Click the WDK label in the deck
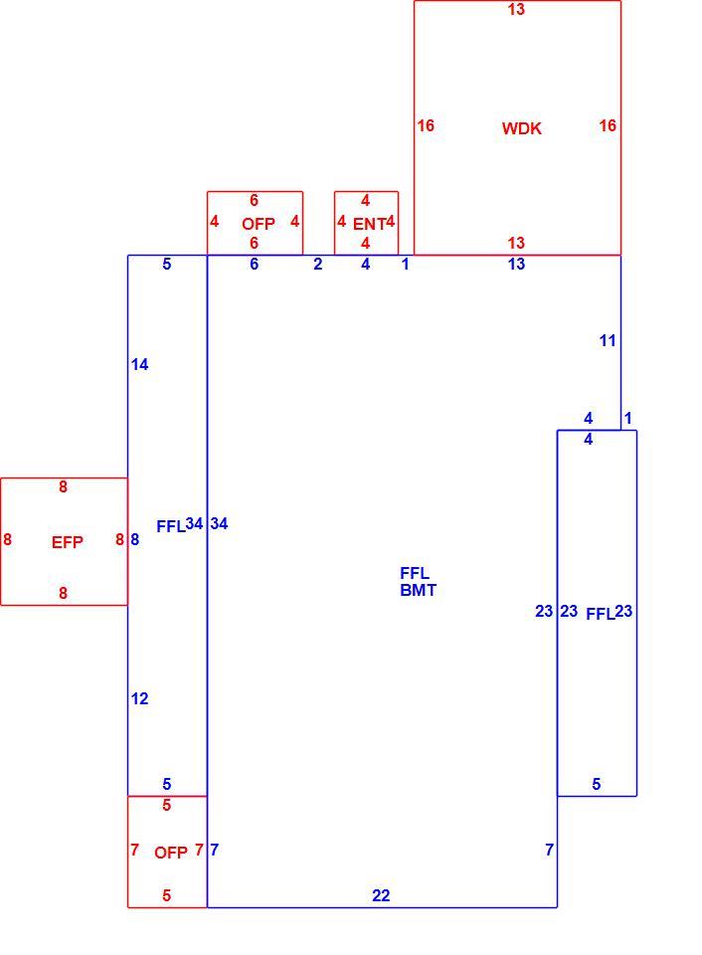[521, 128]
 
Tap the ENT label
[369, 224]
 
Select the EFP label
[67, 542]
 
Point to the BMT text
[418, 590]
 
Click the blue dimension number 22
[381, 895]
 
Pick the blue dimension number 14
[139, 364]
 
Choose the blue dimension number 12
[139, 698]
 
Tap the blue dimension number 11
[608, 340]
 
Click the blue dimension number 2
[318, 265]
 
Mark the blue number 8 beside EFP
[134, 539]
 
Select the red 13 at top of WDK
[516, 9]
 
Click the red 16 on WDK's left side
[426, 125]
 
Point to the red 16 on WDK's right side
[608, 125]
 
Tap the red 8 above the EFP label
[63, 487]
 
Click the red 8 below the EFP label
[63, 593]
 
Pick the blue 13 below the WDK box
[516, 264]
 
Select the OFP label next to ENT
[259, 224]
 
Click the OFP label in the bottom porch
[171, 853]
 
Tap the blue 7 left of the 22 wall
[215, 850]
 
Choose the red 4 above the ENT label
[365, 200]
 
